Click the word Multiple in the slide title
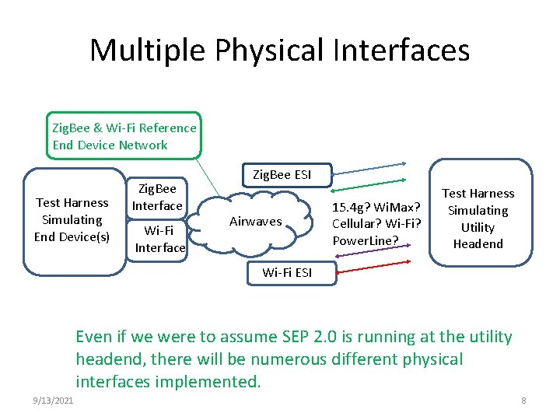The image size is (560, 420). [147, 51]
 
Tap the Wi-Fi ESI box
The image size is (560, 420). [287, 272]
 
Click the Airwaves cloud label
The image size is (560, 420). [255, 222]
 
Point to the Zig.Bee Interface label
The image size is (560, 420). [157, 198]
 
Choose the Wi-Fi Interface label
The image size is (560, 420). [159, 239]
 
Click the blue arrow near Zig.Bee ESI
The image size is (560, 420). [370, 165]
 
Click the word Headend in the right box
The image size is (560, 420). [478, 244]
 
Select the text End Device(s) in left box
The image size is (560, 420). [72, 236]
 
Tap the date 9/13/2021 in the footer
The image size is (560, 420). [54, 401]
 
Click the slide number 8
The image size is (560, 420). [523, 401]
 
